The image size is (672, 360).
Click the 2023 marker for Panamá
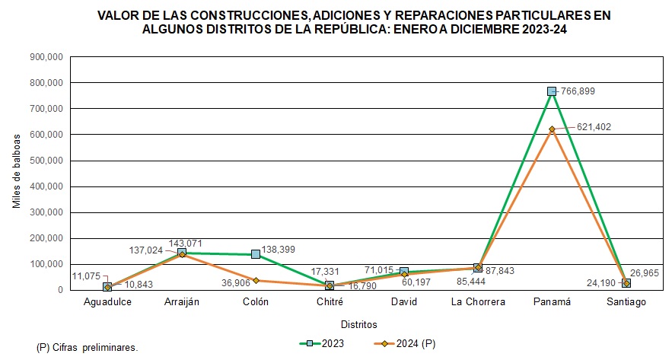552,91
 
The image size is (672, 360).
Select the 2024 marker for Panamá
552,129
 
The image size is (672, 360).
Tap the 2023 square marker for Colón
256,254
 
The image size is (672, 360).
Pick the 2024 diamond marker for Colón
256,280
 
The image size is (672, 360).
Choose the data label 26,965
645,271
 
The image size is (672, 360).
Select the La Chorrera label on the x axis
477,302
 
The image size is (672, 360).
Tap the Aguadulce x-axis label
107,302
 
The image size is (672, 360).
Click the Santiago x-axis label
626,302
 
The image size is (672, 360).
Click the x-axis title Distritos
358,324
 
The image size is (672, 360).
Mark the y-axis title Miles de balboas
17,173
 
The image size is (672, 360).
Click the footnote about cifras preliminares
88,347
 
